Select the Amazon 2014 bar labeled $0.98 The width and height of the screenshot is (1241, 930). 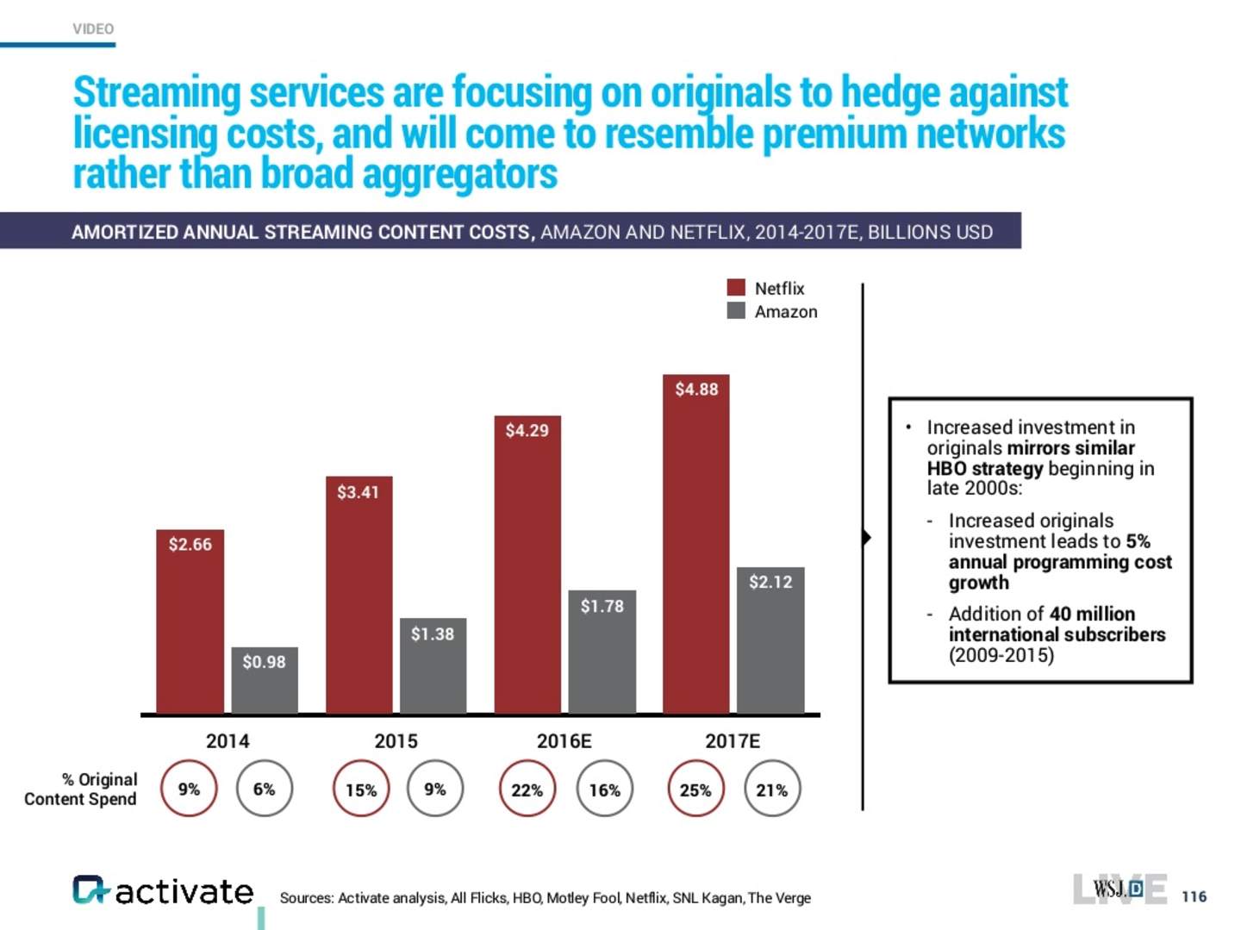[x=264, y=680]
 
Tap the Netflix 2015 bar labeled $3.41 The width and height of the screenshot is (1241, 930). [x=359, y=595]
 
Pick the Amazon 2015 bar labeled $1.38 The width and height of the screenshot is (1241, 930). [x=433, y=665]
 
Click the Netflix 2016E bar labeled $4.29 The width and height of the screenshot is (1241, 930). [x=527, y=565]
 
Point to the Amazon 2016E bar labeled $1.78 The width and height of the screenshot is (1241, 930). [x=602, y=652]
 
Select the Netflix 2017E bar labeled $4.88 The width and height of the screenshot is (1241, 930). [x=695, y=544]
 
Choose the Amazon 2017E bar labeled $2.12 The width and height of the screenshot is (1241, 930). [x=770, y=640]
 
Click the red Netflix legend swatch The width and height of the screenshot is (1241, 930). [x=736, y=288]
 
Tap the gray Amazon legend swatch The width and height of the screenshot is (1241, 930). [x=736, y=311]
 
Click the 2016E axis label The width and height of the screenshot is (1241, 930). [x=564, y=741]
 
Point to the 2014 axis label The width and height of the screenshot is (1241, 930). [x=228, y=741]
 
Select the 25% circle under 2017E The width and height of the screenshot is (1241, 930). [x=695, y=789]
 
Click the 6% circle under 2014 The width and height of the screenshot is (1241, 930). [x=264, y=789]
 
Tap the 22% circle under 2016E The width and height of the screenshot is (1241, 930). [x=527, y=789]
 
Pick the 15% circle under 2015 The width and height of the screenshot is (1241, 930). [x=361, y=789]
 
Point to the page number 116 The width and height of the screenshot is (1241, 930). [x=1194, y=896]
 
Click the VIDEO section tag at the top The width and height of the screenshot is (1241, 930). [x=93, y=28]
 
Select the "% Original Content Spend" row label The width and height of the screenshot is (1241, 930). [x=81, y=789]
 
